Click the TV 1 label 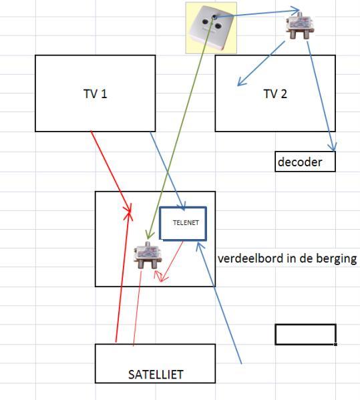pyautogui.click(x=95, y=93)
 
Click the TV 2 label pyautogui.click(x=275, y=93)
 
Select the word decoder pyautogui.click(x=300, y=162)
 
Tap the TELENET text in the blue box pyautogui.click(x=186, y=222)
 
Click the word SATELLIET pyautogui.click(x=156, y=375)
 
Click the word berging pyautogui.click(x=337, y=259)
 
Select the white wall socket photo pyautogui.click(x=211, y=28)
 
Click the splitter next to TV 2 pyautogui.click(x=300, y=25)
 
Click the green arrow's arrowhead pyautogui.click(x=149, y=234)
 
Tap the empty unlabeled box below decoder pyautogui.click(x=305, y=335)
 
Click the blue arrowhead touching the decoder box pyautogui.click(x=332, y=147)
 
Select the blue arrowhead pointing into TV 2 pyautogui.click(x=240, y=81)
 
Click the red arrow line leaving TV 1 pyautogui.click(x=111, y=171)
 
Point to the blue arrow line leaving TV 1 pyautogui.click(x=167, y=170)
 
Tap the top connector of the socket pyautogui.click(x=214, y=17)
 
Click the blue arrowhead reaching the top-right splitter pyautogui.click(x=296, y=11)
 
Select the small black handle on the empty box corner pyautogui.click(x=335, y=345)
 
